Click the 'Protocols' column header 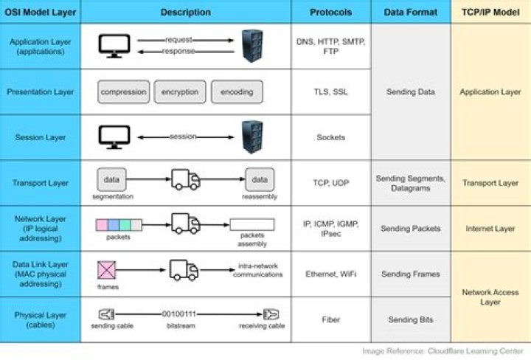click(331, 12)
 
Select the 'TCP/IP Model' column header click(490, 12)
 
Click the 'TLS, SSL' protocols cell click(331, 92)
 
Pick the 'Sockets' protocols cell click(331, 137)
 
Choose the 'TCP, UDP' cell click(331, 182)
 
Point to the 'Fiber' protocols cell click(331, 319)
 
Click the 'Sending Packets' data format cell click(411, 229)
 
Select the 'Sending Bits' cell click(411, 319)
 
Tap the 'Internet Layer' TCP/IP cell click(490, 229)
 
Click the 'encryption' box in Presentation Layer click(180, 92)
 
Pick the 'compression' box click(123, 92)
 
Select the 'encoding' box click(236, 92)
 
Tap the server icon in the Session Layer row click(252, 137)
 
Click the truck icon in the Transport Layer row click(185, 179)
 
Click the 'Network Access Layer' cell click(490, 297)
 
